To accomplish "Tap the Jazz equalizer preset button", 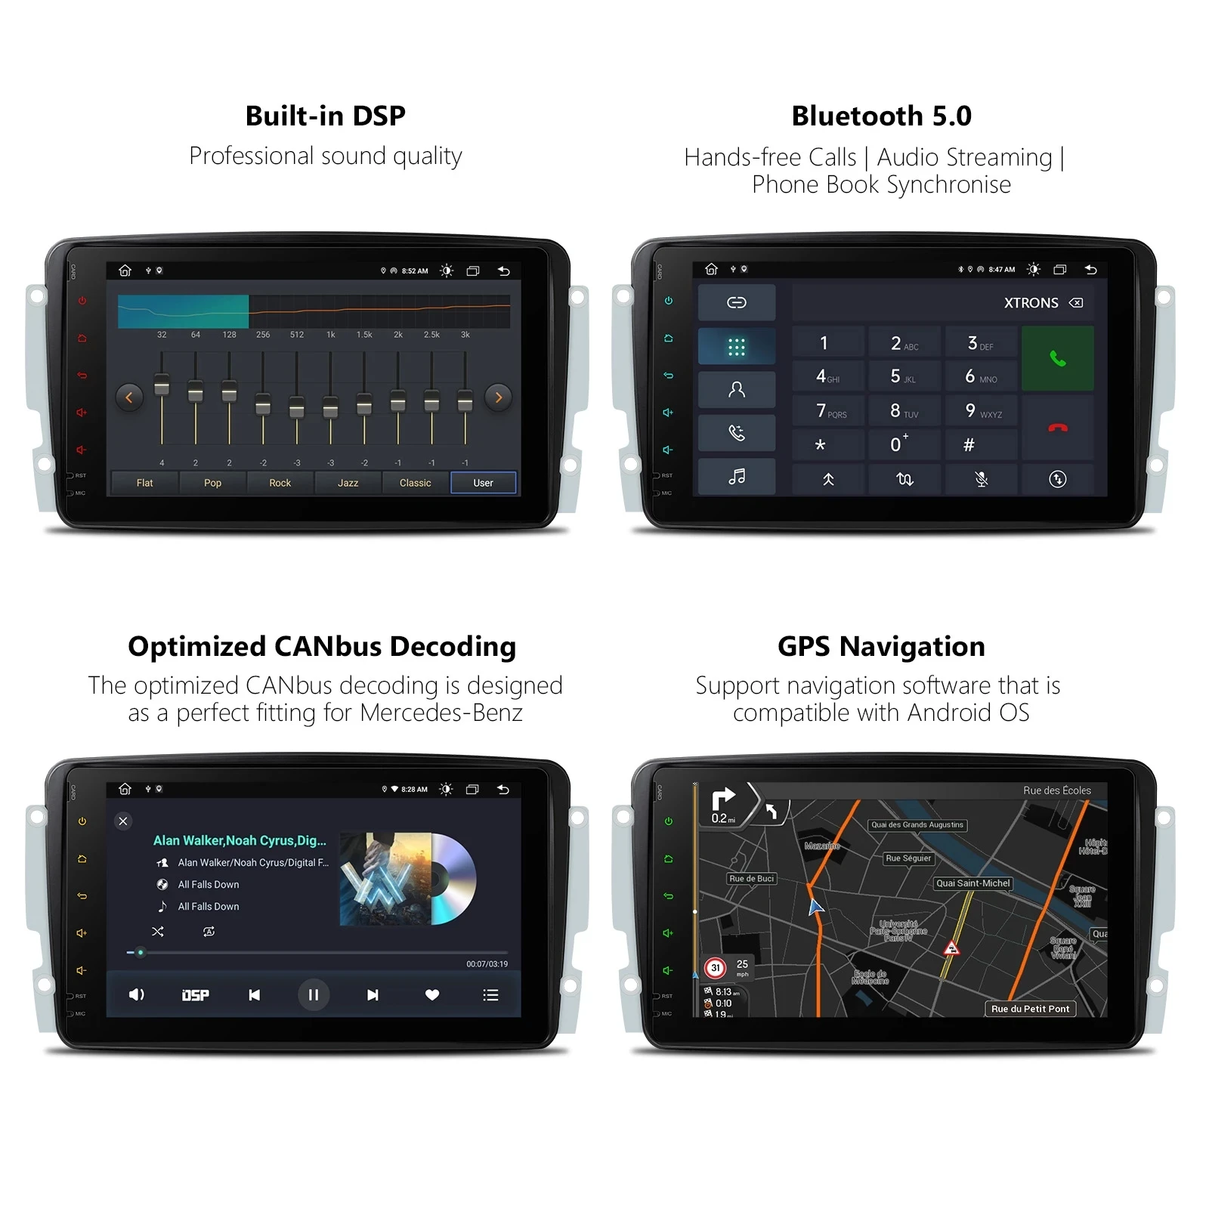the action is coord(348,483).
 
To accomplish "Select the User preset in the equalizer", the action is coord(483,483).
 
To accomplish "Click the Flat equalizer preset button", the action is coord(144,483).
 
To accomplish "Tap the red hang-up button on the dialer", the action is coord(1057,428).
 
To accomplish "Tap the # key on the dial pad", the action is coord(969,445).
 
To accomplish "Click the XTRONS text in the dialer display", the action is coord(1031,303).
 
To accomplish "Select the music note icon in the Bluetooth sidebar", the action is coord(736,477).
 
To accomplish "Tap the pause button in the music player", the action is coord(313,994).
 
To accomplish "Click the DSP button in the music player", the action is coord(196,995).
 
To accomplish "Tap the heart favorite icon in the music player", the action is coord(432,994).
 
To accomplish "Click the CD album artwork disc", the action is coord(452,879).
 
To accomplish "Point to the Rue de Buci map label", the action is coord(751,879).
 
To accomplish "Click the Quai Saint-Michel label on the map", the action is coord(972,883).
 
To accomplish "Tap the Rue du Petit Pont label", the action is coord(1030,1009).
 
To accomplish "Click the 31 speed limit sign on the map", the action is coord(715,967).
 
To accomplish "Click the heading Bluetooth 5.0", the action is coord(881,116).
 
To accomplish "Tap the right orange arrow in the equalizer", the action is coord(499,397).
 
